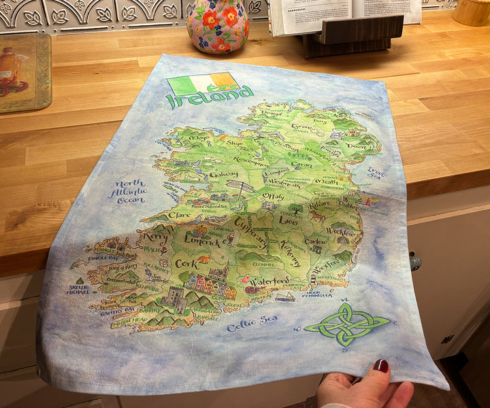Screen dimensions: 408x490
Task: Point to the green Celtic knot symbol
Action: [x=346, y=323]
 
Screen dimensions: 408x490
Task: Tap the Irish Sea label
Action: [x=395, y=173]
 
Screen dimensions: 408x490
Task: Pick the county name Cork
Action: [x=186, y=263]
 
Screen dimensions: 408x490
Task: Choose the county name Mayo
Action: [x=199, y=138]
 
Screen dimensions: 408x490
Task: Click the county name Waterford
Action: [x=269, y=282]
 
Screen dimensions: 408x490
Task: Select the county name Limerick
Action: [x=201, y=241]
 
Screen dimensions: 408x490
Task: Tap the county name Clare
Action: [x=179, y=214]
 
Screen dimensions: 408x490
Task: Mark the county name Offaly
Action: [x=273, y=197]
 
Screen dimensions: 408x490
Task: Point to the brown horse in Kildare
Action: [x=317, y=216]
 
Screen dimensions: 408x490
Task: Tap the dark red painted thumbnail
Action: [x=381, y=366]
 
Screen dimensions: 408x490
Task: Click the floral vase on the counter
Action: [x=218, y=25]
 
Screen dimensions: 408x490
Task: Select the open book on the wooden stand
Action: [x=344, y=14]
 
